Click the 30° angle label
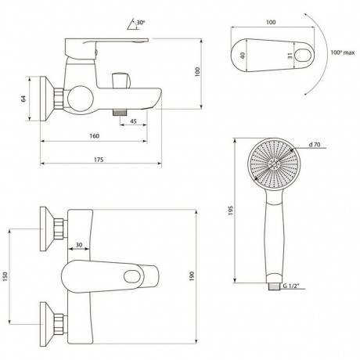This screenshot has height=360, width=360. [x=141, y=23]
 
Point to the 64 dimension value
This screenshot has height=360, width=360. [x=23, y=99]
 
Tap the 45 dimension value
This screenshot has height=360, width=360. [x=133, y=121]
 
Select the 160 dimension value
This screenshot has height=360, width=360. [x=95, y=136]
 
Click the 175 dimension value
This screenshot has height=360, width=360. [x=99, y=160]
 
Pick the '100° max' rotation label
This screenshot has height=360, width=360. [x=343, y=52]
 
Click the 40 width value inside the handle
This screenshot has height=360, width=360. [x=243, y=56]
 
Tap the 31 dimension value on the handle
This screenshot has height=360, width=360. [x=290, y=56]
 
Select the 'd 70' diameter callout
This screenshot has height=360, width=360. [x=315, y=144]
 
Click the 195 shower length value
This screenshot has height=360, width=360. [x=230, y=211]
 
